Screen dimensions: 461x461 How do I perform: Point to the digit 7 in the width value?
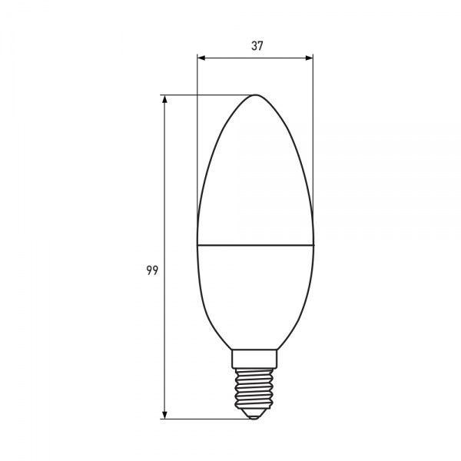pyautogui.click(x=260, y=45)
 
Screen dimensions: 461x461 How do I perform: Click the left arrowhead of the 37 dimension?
pyautogui.click(x=201, y=58)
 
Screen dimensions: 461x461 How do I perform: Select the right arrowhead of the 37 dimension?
pyautogui.click(x=310, y=58)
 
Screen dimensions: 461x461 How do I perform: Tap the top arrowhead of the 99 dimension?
pyautogui.click(x=165, y=100)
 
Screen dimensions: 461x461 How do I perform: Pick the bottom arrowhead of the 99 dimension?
pyautogui.click(x=165, y=414)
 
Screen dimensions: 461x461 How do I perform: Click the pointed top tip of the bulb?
pyautogui.click(x=255, y=95)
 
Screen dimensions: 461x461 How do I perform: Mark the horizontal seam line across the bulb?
pyautogui.click(x=255, y=247)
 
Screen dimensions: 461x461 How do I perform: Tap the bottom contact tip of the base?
pyautogui.click(x=255, y=416)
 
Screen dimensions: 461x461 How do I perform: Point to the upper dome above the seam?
pyautogui.click(x=255, y=177)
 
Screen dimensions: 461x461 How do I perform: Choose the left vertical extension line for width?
pyautogui.click(x=197, y=138)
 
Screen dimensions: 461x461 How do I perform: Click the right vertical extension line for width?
pyautogui.click(x=313, y=138)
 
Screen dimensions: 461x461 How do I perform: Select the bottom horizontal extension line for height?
pyautogui.click(x=207, y=419)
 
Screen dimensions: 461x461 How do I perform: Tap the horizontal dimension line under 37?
pyautogui.click(x=230, y=58)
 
